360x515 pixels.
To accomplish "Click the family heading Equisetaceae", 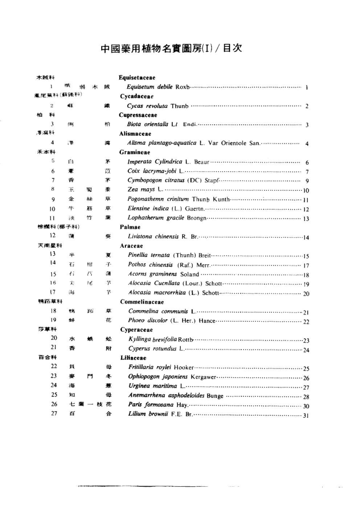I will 136,78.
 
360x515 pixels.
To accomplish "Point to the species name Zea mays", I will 142,189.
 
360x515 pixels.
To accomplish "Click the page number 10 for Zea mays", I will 306,190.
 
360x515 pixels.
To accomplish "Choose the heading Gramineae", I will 134,152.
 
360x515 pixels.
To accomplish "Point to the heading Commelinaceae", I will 141,302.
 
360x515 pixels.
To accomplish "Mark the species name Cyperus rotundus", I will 150,349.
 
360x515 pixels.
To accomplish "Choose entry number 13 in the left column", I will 52,255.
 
